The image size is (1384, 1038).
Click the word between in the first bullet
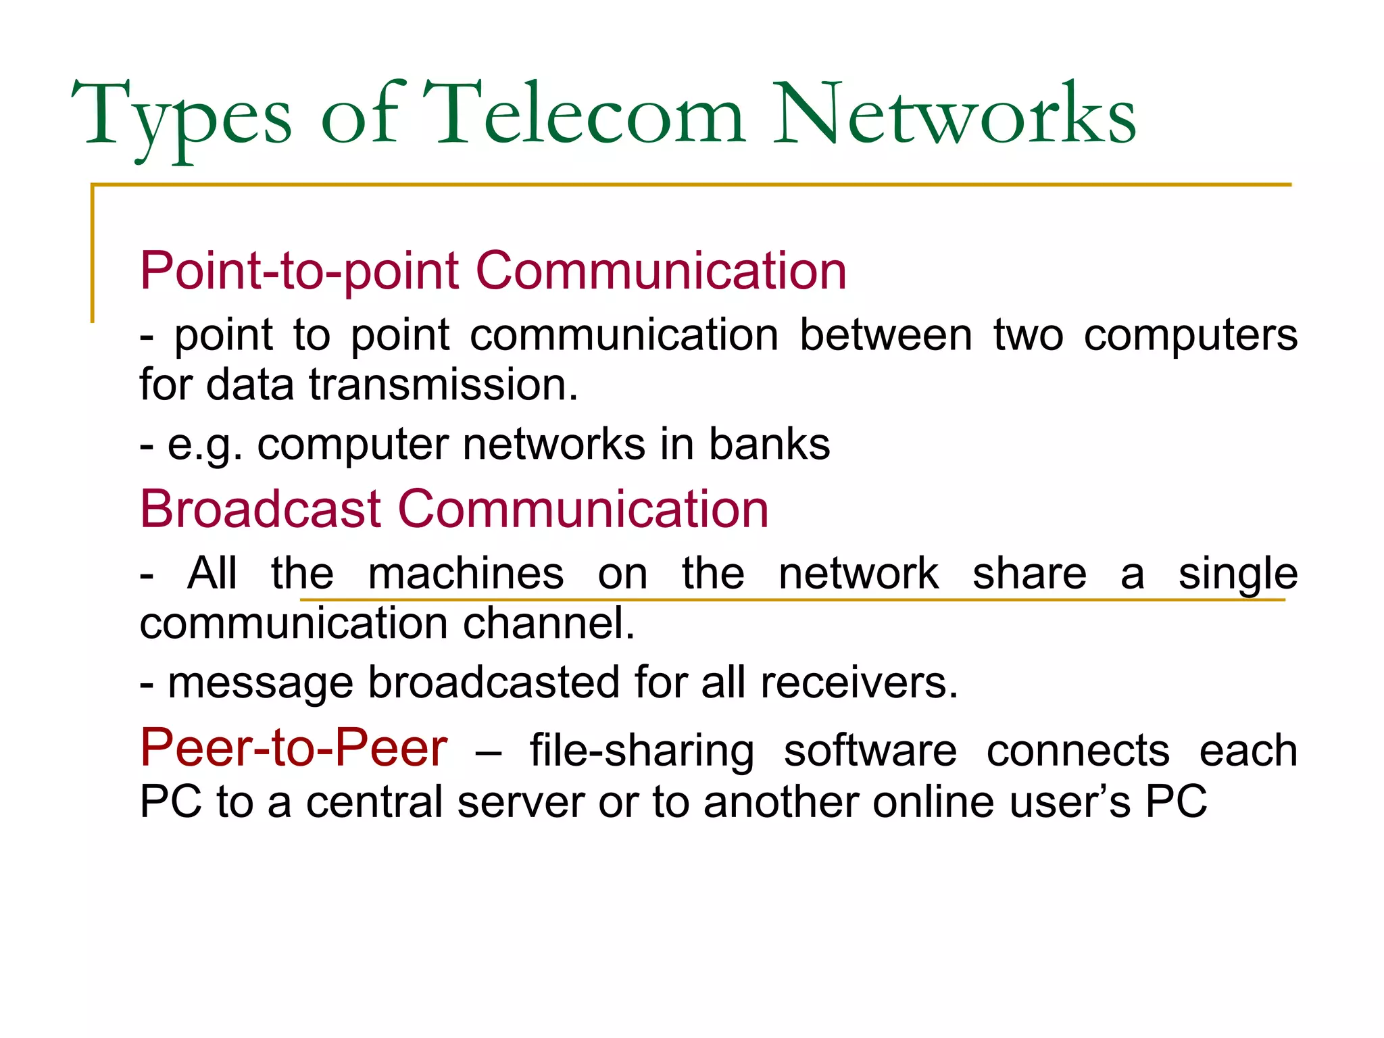pos(886,335)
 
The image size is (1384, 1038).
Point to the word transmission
pos(443,385)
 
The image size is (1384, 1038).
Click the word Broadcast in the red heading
pos(261,508)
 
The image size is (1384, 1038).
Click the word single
pos(1237,574)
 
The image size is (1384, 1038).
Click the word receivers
pos(859,683)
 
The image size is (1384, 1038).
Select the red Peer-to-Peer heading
pos(293,748)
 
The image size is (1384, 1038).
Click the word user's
pos(1068,802)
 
